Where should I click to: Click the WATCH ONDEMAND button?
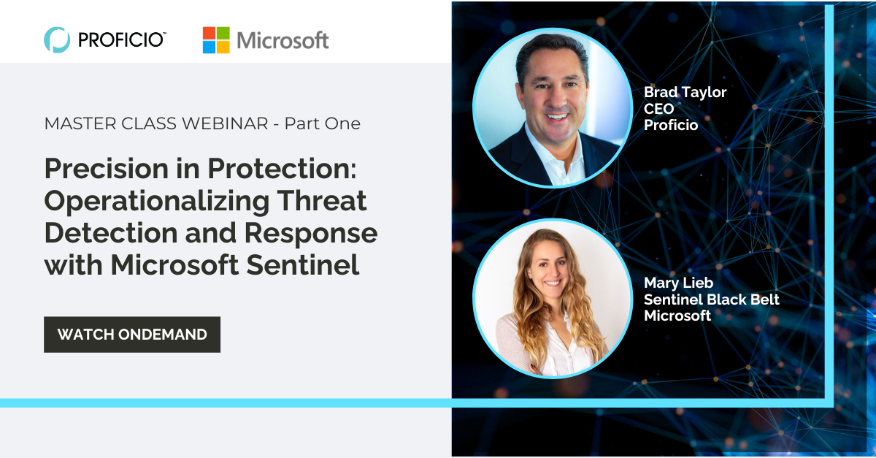[132, 335]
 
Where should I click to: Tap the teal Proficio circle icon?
[57, 39]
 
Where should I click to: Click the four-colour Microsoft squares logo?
[216, 40]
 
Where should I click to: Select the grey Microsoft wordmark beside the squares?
[283, 40]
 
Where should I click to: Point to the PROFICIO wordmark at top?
[122, 40]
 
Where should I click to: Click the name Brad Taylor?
[685, 92]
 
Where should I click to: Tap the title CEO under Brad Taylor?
[659, 109]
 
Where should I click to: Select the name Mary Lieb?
[678, 283]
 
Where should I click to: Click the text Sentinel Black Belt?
[712, 299]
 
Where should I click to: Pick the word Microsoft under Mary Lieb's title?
[677, 316]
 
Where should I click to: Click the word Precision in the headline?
[107, 168]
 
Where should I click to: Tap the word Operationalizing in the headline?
[157, 202]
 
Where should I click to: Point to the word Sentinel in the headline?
[303, 265]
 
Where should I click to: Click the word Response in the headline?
[311, 234]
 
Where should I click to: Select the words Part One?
[322, 123]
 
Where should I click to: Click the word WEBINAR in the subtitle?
[225, 123]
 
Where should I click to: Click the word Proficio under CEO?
[671, 125]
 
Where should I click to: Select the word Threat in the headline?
[322, 200]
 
